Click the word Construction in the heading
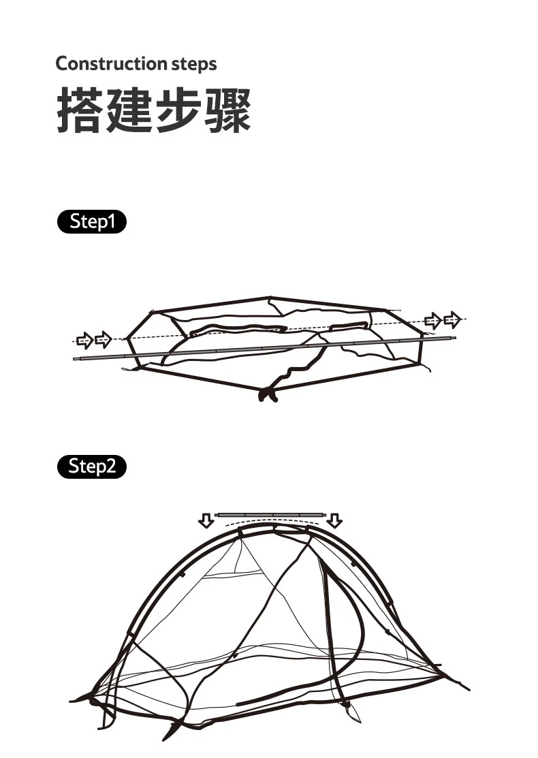(104, 64)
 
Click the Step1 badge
(91, 222)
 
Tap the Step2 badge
(91, 467)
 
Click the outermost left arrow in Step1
(84, 339)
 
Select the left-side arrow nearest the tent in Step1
(103, 338)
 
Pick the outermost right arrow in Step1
(452, 318)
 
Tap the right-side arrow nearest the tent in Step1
(432, 320)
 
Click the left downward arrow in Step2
(205, 521)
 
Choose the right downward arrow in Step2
(334, 521)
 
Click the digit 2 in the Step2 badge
(110, 467)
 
